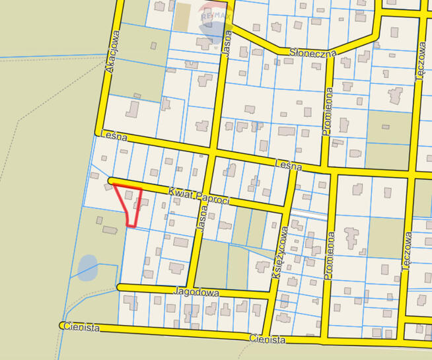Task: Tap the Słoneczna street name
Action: (312, 52)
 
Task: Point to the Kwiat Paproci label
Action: (198, 195)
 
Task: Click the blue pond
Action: (88, 268)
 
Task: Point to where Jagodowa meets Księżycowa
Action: (271, 295)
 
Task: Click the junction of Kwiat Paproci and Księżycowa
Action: (286, 207)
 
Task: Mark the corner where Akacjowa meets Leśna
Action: (100, 131)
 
